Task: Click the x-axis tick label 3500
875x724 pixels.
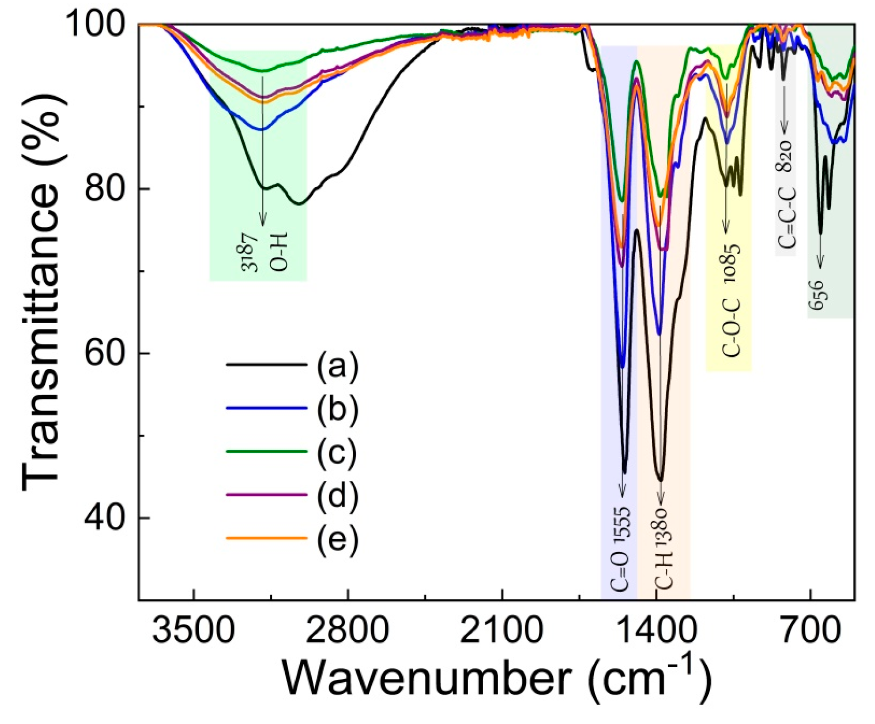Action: click(x=193, y=630)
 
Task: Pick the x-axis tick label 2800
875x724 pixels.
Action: click(x=347, y=630)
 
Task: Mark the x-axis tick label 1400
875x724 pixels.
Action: click(x=656, y=630)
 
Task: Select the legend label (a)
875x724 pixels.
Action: click(x=337, y=366)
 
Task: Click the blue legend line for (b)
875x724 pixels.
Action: click(x=267, y=408)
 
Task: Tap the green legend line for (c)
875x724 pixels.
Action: click(x=267, y=451)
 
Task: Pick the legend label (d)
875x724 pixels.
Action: click(x=337, y=495)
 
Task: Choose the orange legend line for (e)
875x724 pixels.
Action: click(x=267, y=538)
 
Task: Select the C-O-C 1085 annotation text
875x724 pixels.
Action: click(x=730, y=301)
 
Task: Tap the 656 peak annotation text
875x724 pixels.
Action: click(x=818, y=295)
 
